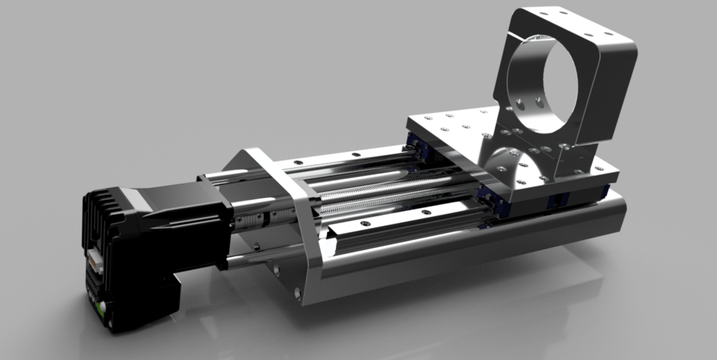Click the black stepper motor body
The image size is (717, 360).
[x=190, y=224]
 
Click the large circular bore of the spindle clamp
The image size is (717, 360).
[x=556, y=82]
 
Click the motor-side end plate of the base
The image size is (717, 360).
[x=288, y=224]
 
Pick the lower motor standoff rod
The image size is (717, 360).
[x=246, y=261]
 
